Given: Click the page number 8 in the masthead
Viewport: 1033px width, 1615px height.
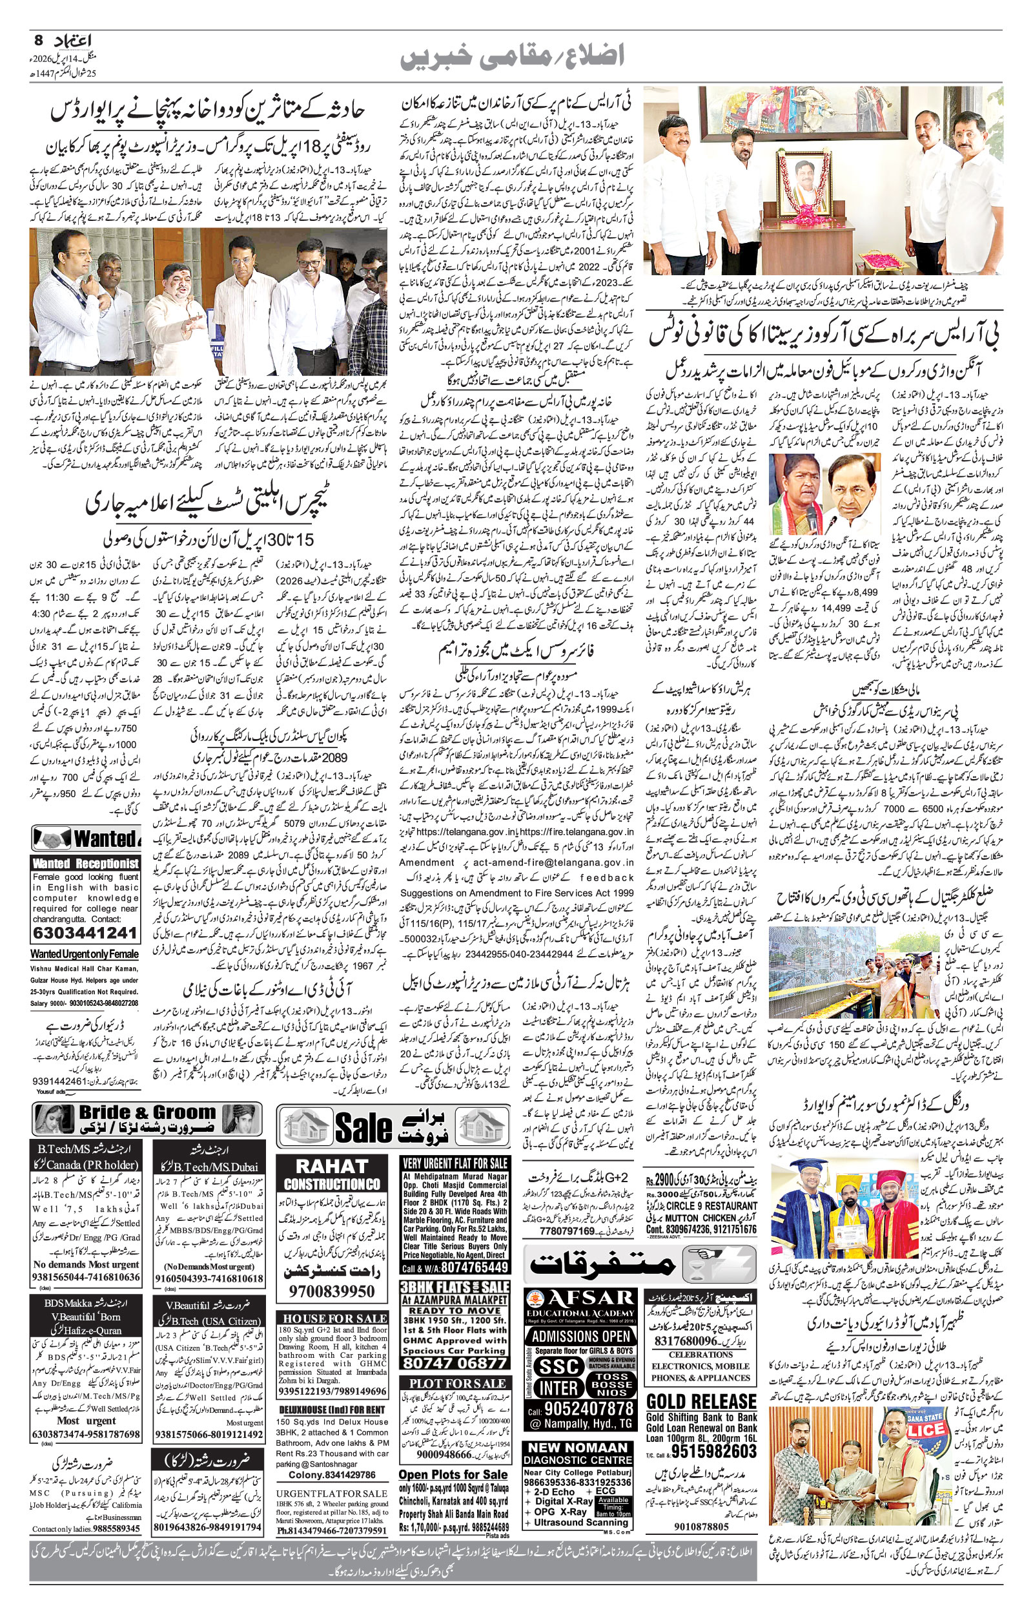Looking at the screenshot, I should click(37, 39).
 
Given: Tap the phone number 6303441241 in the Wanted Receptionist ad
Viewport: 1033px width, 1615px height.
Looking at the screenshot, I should click(85, 933).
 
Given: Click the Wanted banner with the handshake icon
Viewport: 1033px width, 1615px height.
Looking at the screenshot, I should click(87, 839).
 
